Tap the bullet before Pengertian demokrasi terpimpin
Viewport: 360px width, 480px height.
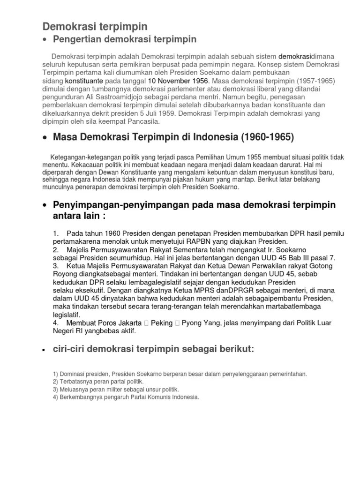[x=45, y=39]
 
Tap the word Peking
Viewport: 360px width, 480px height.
[x=162, y=323]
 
